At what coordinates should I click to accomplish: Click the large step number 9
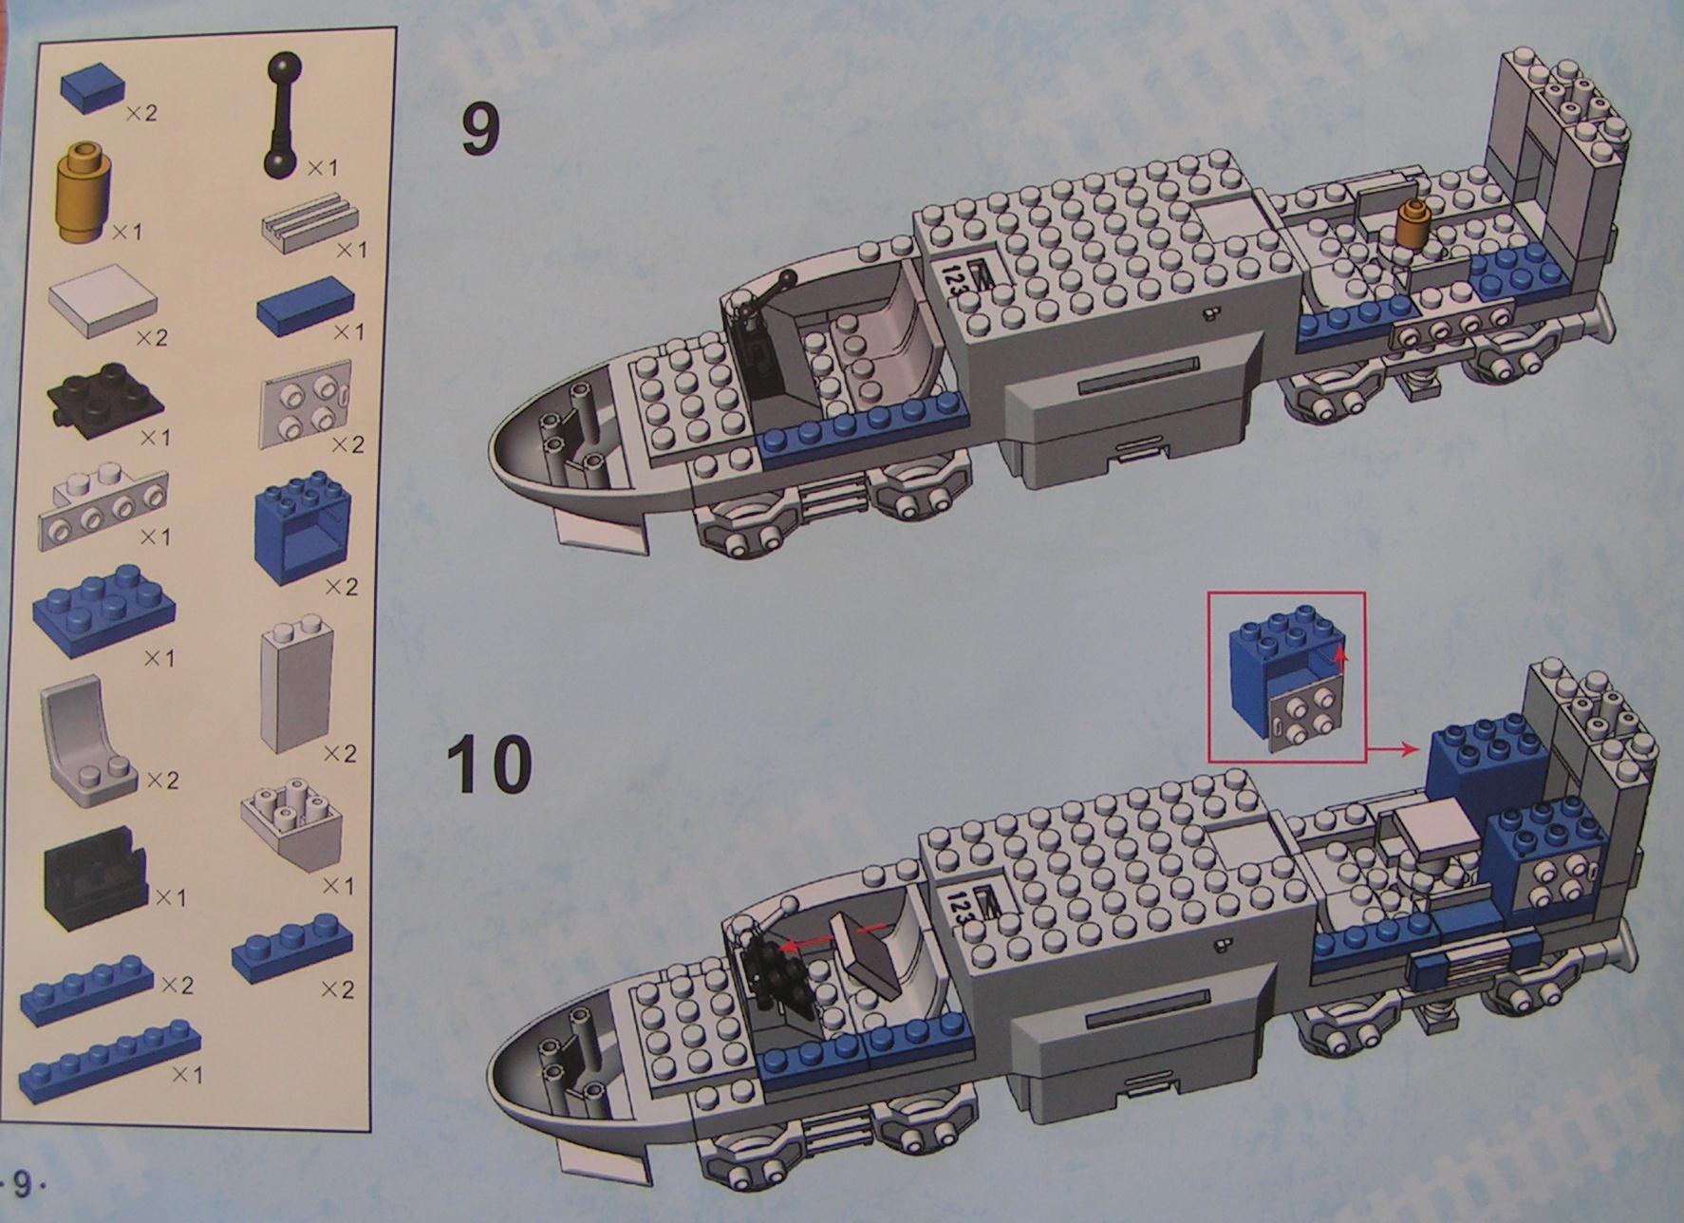point(480,130)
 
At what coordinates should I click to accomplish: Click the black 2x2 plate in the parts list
point(105,403)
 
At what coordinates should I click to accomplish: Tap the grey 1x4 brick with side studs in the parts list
point(103,511)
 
